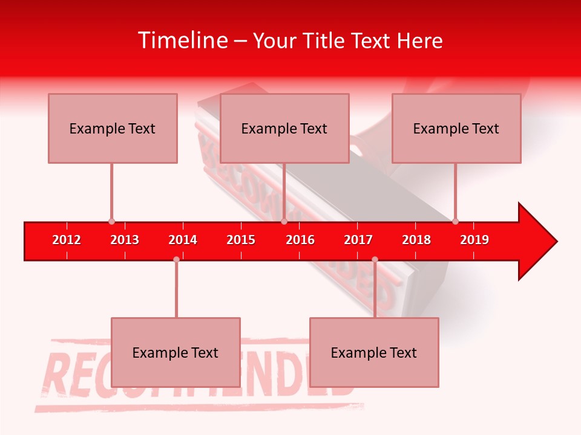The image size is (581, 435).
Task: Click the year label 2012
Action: point(67,240)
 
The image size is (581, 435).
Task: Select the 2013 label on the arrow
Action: point(125,240)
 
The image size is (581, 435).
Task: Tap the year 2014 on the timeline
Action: point(183,240)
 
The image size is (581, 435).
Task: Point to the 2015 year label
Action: point(241,240)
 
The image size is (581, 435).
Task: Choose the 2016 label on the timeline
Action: point(300,240)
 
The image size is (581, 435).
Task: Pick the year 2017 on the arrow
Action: point(358,240)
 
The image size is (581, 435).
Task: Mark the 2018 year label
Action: point(416,240)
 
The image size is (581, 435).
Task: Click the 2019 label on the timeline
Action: point(474,240)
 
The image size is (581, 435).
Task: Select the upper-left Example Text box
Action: point(113,128)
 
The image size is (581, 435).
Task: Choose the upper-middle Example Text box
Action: point(284,128)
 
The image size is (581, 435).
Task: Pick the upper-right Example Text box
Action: point(456,128)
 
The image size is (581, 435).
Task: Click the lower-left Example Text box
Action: point(176,352)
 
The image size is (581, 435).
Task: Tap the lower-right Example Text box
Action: point(374,352)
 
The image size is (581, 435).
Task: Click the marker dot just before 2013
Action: point(111,222)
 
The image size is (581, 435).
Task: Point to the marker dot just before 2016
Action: point(284,222)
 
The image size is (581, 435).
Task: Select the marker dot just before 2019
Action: point(455,222)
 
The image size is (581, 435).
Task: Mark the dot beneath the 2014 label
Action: point(176,259)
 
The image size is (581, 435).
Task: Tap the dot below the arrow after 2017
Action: point(375,259)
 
